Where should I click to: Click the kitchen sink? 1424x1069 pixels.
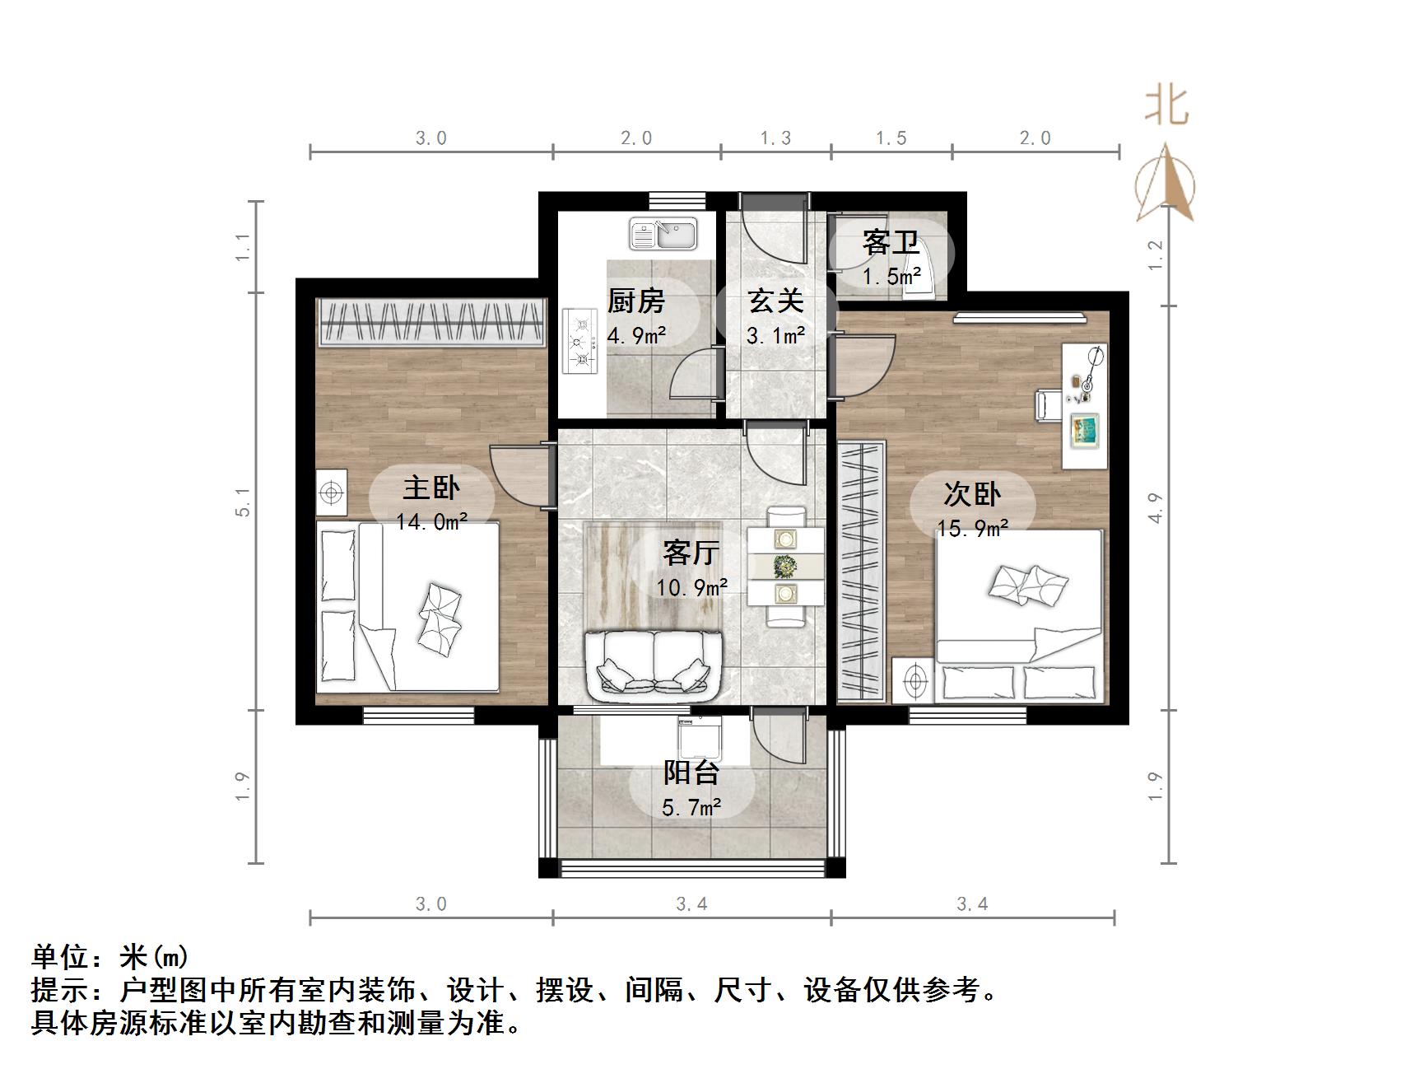pyautogui.click(x=663, y=234)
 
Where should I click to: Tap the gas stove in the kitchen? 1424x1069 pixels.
pyautogui.click(x=579, y=341)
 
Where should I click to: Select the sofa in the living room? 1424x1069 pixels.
pyautogui.click(x=654, y=664)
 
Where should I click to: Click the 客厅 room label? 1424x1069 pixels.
pyautogui.click(x=691, y=552)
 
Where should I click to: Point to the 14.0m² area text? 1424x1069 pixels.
pyautogui.click(x=432, y=521)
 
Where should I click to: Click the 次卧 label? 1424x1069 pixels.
pyautogui.click(x=972, y=494)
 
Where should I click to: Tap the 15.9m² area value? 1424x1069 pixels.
pyautogui.click(x=973, y=528)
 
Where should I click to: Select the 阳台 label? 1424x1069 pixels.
pyautogui.click(x=691, y=773)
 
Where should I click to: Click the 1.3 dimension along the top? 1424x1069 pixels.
pyautogui.click(x=775, y=138)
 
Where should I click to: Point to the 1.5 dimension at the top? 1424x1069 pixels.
pyautogui.click(x=891, y=138)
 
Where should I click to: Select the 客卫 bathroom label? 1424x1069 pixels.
pyautogui.click(x=891, y=243)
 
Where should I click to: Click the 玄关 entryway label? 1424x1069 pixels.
pyautogui.click(x=775, y=301)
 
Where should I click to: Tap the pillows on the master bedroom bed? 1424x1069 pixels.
pyautogui.click(x=440, y=614)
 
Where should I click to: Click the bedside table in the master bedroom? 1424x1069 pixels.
pyautogui.click(x=332, y=492)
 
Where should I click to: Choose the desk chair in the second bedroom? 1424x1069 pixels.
pyautogui.click(x=1046, y=404)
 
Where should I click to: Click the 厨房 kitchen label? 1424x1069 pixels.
pyautogui.click(x=635, y=301)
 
